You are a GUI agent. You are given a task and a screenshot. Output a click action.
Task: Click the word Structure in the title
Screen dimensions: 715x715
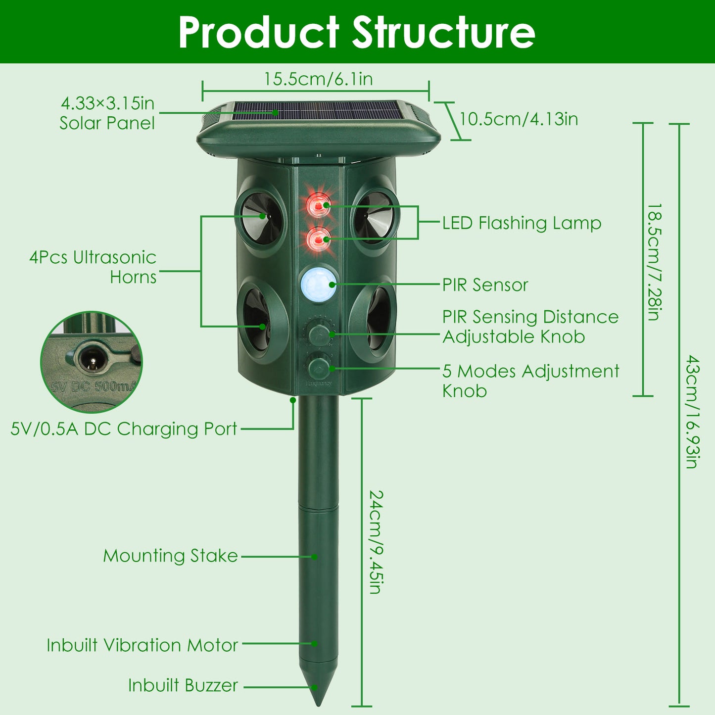(x=444, y=32)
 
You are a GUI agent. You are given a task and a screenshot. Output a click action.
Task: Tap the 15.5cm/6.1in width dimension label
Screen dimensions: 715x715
(x=318, y=79)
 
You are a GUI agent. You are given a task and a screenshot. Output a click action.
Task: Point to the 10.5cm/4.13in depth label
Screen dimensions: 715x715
(x=519, y=119)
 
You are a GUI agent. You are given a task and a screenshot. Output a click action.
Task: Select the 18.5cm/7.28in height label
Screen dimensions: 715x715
(x=654, y=262)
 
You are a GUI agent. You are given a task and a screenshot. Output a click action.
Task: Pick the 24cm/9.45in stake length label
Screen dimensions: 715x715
(x=377, y=541)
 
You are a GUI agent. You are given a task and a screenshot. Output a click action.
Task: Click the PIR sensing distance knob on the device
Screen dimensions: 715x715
(x=319, y=334)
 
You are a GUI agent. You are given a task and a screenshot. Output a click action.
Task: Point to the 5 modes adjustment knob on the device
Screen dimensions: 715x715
(x=319, y=368)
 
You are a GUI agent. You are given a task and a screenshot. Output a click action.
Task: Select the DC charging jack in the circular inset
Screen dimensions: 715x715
(x=91, y=360)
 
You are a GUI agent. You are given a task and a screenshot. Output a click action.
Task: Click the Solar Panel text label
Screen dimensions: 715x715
(x=107, y=123)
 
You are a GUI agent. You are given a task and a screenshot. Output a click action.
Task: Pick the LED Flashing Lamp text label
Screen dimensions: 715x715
(x=522, y=223)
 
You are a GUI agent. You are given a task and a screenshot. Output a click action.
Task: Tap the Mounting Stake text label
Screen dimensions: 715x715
(x=170, y=556)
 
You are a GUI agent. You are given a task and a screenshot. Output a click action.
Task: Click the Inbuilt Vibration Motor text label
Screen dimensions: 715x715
(x=143, y=645)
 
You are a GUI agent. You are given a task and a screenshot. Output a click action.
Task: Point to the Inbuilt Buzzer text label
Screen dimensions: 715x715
(x=183, y=685)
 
